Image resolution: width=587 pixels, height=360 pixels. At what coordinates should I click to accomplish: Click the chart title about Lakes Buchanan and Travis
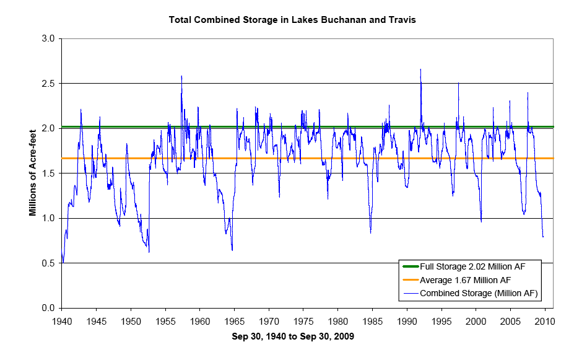292,20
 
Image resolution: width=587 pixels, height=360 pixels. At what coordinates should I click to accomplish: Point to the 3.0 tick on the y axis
50,38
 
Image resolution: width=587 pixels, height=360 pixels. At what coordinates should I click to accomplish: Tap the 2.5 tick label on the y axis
50,84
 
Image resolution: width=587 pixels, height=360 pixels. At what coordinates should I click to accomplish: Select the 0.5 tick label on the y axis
50,263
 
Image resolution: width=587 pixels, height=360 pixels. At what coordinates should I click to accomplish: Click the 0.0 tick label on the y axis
50,308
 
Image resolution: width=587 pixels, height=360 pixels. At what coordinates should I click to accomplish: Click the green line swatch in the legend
409,266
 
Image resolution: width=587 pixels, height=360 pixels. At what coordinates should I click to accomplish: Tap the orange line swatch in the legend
409,279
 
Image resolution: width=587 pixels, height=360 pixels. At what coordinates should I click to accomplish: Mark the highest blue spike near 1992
420,69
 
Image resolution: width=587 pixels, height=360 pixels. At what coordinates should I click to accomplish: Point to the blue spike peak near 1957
181,76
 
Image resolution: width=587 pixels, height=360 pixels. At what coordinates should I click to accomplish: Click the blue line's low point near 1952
149,252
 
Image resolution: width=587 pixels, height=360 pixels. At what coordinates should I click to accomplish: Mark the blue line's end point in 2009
543,237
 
